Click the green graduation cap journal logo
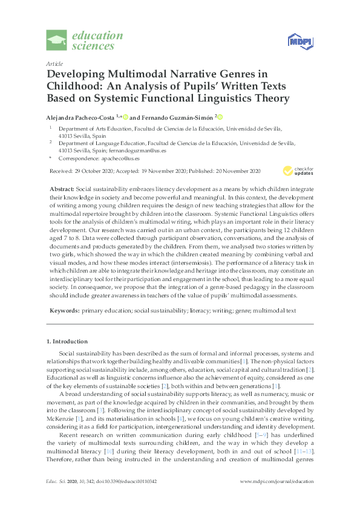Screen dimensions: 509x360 tap(57, 41)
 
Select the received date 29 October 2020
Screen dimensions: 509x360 tap(96, 172)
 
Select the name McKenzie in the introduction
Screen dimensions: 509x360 tap(57, 413)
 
